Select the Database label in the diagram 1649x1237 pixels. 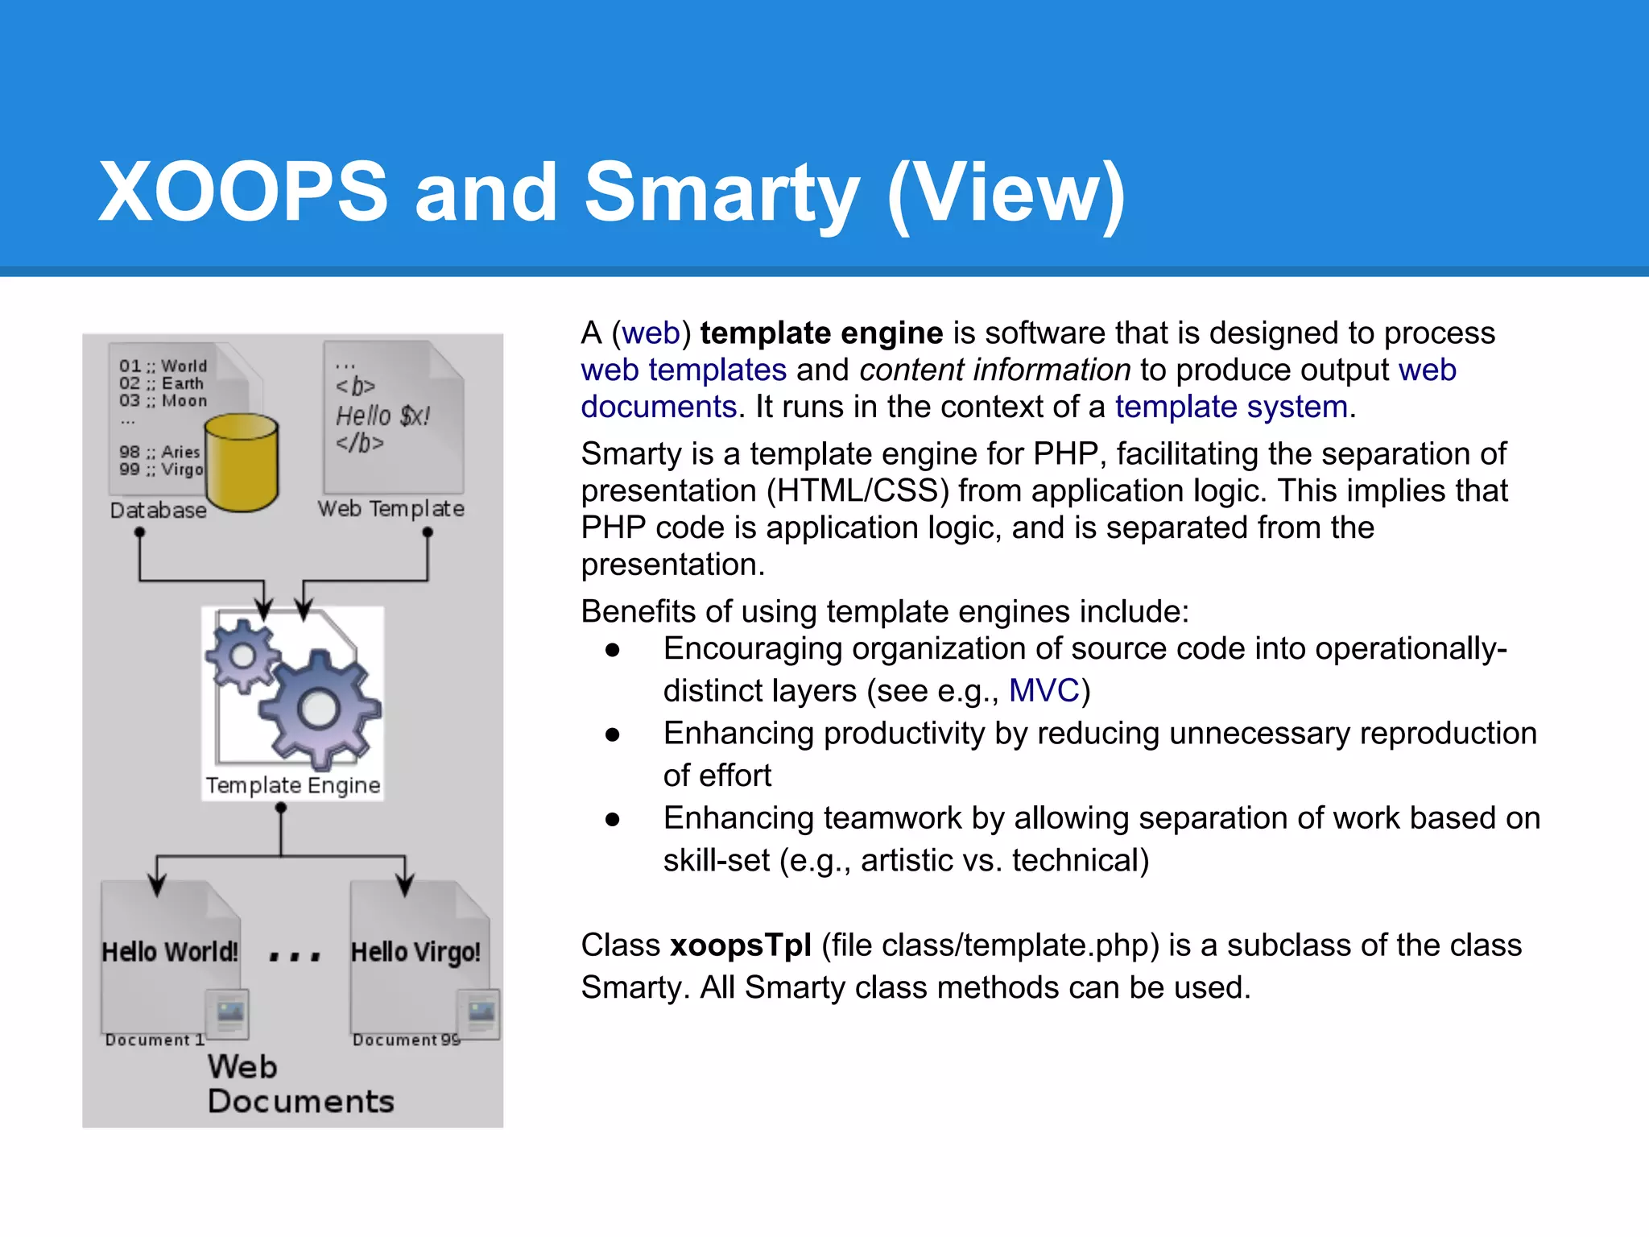(158, 511)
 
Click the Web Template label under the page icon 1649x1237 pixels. (391, 509)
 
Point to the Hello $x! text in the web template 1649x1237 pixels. (382, 416)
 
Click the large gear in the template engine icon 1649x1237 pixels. (319, 709)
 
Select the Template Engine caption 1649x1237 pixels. (293, 785)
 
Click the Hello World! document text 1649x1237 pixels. (170, 952)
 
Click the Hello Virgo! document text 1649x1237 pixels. (415, 952)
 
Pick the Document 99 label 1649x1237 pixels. (406, 1040)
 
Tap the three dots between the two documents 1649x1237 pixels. (295, 957)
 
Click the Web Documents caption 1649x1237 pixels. (300, 1084)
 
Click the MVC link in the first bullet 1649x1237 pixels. (1044, 691)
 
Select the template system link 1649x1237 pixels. (1231, 407)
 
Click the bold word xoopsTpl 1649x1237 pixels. (740, 945)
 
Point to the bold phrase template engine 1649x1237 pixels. (821, 333)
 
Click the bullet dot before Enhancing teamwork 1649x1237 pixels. (613, 820)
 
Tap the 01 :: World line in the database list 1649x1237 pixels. (163, 366)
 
